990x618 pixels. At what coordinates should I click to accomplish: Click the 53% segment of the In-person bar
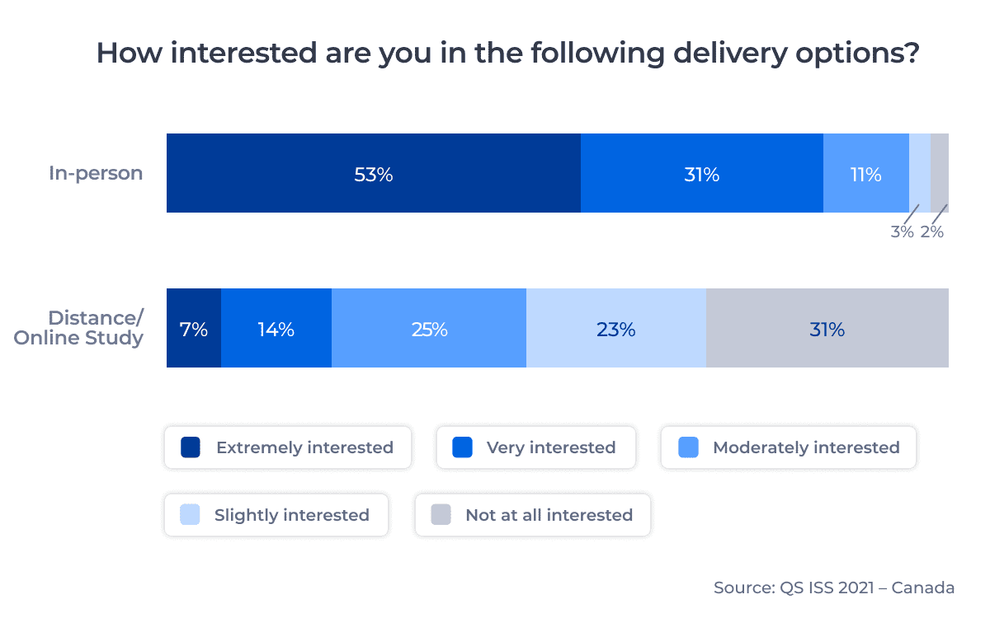(374, 174)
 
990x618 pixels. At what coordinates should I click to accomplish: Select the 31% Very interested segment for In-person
(701, 174)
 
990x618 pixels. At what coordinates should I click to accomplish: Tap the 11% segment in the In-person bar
(865, 174)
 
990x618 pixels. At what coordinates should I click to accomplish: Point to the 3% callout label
(902, 232)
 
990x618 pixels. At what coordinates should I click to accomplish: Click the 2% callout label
(932, 232)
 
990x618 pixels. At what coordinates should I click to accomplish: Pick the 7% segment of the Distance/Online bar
(194, 329)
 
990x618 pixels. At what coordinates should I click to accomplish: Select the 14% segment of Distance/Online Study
(276, 329)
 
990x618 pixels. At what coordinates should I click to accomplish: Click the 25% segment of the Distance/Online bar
(429, 329)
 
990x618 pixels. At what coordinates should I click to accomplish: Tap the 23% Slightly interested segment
(615, 329)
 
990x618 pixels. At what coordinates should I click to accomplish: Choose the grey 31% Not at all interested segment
(827, 329)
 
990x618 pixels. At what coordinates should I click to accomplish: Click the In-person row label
(96, 173)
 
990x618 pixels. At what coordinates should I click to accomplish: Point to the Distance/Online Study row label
(79, 328)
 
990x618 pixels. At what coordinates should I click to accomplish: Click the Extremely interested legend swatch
(191, 447)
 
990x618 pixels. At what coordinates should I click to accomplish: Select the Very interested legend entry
(535, 447)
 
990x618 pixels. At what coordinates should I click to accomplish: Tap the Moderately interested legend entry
(789, 447)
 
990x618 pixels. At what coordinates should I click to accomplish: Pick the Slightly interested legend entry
(276, 515)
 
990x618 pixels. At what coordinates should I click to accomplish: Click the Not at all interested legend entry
(533, 515)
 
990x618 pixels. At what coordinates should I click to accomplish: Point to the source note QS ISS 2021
(834, 588)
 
